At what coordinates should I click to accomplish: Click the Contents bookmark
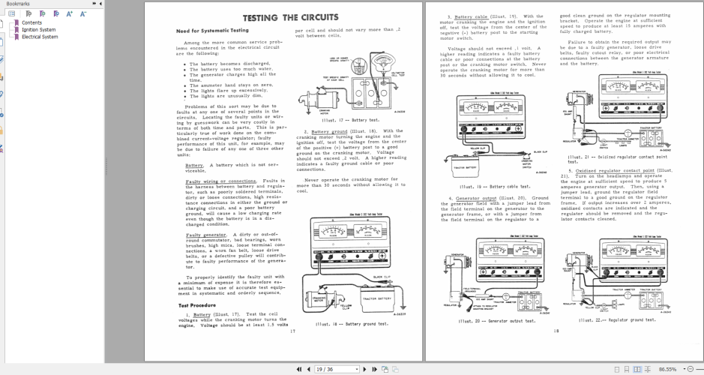(31, 22)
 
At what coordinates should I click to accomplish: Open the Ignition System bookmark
(38, 29)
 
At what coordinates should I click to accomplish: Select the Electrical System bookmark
(39, 36)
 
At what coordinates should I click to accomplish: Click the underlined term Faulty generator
(202, 235)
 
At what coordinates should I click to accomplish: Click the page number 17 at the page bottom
(292, 330)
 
